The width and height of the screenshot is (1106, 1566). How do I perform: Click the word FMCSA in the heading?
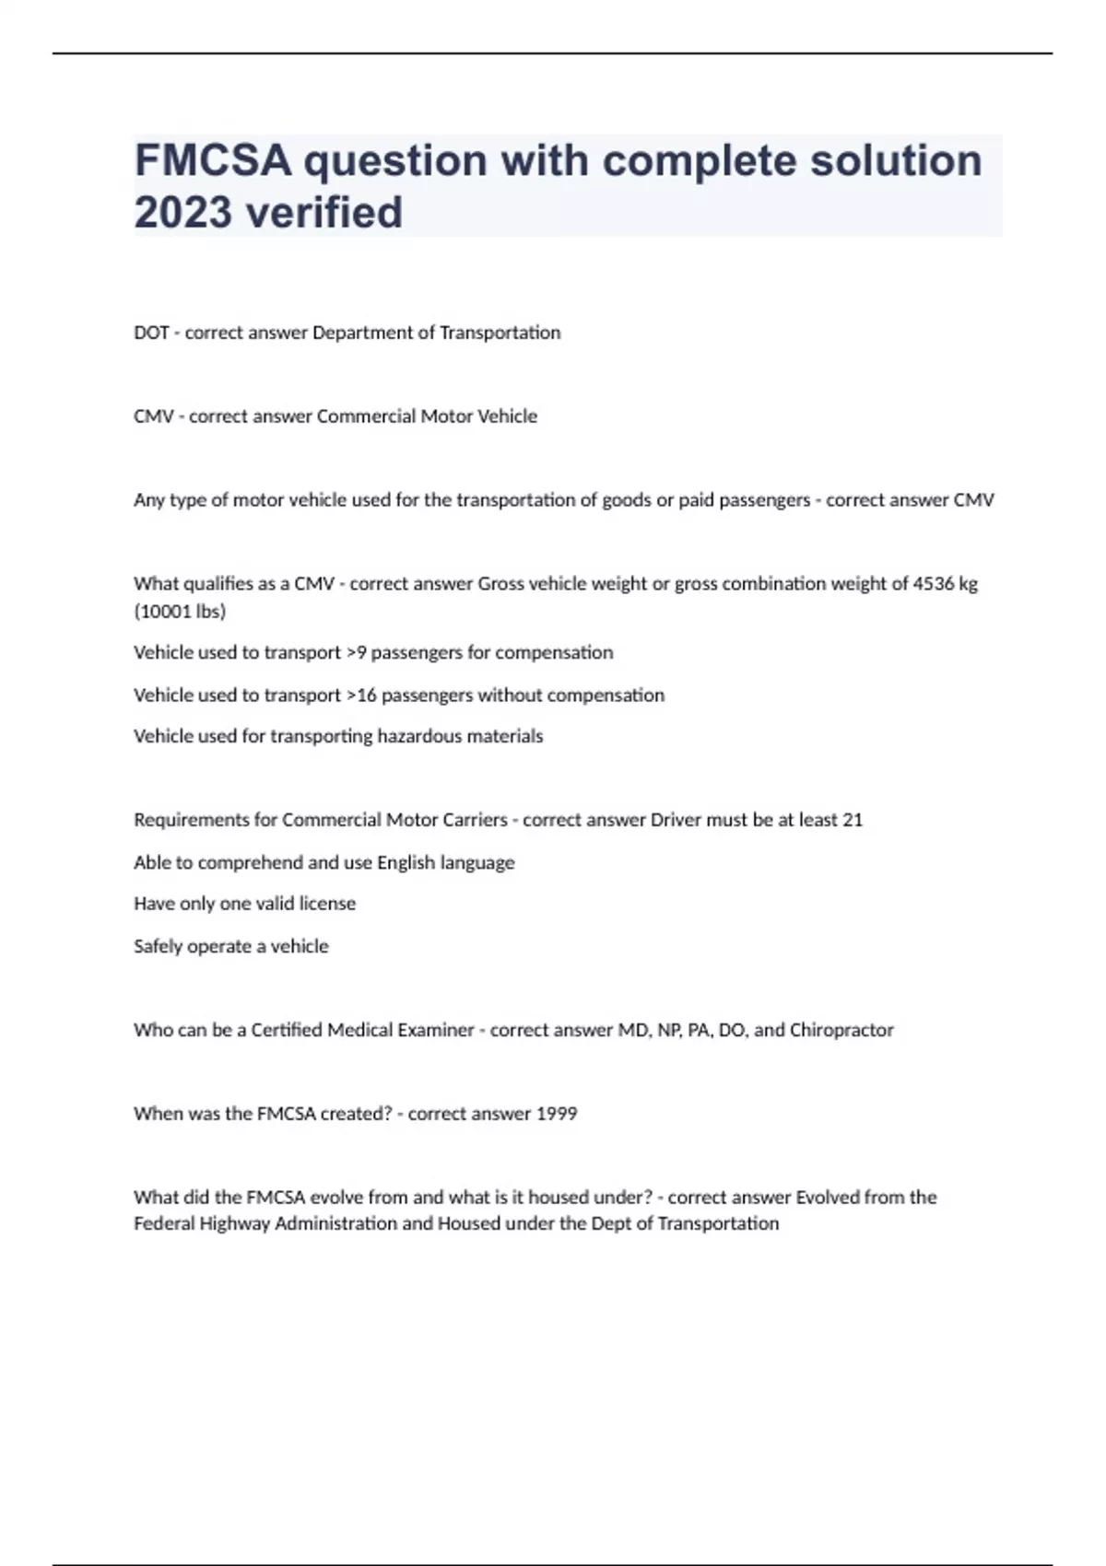213,161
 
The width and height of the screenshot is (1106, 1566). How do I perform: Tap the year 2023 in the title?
182,213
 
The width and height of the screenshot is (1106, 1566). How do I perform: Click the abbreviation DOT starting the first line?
151,333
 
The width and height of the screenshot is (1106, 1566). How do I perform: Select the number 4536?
933,584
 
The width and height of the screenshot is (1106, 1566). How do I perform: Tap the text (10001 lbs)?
180,612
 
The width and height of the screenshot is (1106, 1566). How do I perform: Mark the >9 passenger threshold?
356,653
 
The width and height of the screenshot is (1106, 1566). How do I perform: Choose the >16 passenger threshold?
361,695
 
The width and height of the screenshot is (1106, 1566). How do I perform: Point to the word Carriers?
475,820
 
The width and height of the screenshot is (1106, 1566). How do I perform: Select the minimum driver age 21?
853,820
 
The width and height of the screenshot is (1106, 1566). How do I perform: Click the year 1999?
557,1114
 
